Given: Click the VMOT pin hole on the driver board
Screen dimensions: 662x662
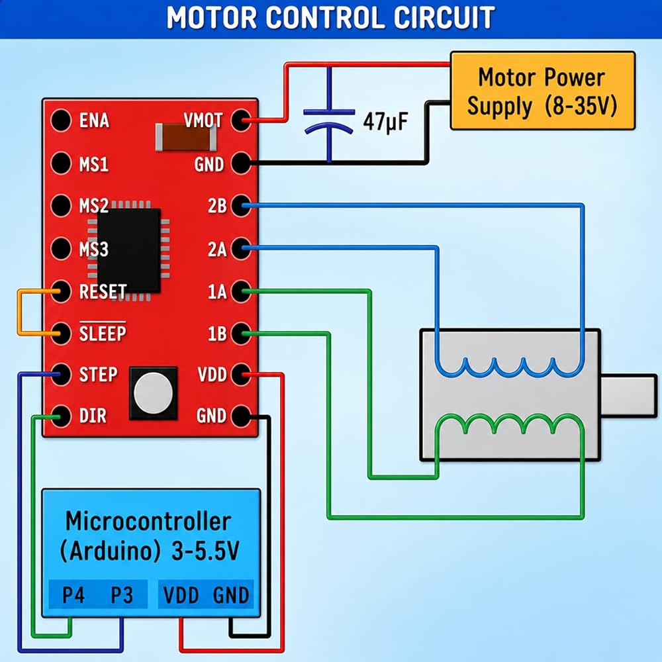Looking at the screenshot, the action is tap(241, 120).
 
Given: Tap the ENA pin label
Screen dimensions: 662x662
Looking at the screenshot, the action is tap(94, 120).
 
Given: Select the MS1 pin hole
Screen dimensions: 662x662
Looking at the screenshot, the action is tap(61, 163).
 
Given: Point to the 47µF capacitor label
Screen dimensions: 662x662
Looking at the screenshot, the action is tap(385, 122).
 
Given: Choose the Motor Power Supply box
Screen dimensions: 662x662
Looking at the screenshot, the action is tap(543, 90).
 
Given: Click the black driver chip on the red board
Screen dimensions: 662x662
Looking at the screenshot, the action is tap(129, 250).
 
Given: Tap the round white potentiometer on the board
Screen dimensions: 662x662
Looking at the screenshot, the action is tap(154, 393).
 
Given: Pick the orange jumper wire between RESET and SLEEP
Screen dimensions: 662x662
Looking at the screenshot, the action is tap(19, 312).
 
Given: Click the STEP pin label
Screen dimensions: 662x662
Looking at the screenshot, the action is tap(98, 375).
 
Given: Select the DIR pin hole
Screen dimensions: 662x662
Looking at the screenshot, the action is tap(61, 416).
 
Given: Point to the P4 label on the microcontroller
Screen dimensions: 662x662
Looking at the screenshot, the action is tap(73, 595).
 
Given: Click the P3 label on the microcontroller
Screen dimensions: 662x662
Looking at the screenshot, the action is tap(122, 595).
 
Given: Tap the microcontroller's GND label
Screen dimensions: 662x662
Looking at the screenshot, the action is tap(231, 595).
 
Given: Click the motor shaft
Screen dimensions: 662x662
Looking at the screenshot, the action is tap(629, 396).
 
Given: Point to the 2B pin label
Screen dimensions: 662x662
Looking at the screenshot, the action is tap(217, 206).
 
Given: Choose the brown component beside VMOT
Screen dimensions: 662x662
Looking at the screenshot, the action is tap(186, 137).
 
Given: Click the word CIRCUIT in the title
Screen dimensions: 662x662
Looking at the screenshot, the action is tap(444, 18).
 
